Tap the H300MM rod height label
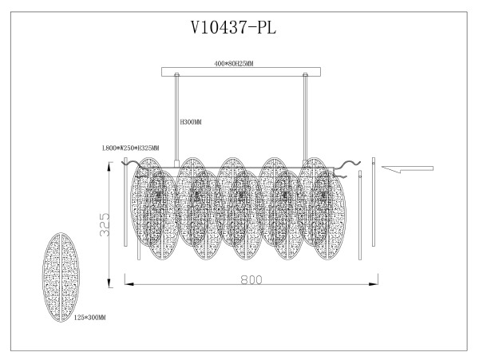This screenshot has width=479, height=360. tap(190, 122)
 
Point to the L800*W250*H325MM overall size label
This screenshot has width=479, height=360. tap(129, 148)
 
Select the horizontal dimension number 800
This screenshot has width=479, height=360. tap(251, 281)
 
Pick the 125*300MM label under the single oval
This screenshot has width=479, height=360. tap(89, 318)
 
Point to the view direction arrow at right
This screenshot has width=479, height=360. tap(407, 168)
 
